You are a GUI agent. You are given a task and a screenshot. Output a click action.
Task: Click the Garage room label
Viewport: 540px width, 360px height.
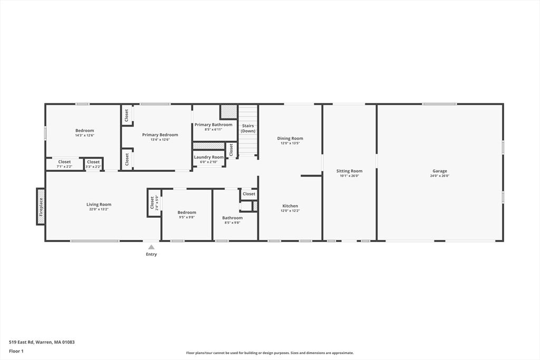click(439, 171)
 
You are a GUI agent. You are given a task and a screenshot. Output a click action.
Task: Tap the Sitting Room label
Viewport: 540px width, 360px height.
click(349, 171)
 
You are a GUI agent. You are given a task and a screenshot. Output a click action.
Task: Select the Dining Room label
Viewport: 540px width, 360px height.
click(290, 139)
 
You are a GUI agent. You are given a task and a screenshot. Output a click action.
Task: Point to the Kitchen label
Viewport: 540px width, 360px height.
click(290, 206)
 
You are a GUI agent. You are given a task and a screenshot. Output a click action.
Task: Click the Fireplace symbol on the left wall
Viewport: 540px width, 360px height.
click(41, 207)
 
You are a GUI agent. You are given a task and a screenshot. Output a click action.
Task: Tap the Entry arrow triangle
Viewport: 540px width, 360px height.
click(151, 247)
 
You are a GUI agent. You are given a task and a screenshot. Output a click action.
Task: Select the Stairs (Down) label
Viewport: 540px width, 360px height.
click(248, 128)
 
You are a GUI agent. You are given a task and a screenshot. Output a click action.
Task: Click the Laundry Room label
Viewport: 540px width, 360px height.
click(209, 157)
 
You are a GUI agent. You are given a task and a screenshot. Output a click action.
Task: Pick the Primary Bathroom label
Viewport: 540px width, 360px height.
click(213, 125)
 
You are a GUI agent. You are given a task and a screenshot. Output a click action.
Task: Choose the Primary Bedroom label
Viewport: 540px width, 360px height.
click(160, 135)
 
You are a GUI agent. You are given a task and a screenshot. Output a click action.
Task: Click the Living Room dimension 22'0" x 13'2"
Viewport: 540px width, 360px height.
click(99, 209)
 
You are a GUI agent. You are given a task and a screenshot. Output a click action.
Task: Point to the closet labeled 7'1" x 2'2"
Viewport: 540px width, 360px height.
click(64, 167)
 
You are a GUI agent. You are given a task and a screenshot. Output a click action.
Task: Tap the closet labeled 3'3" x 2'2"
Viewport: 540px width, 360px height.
click(93, 167)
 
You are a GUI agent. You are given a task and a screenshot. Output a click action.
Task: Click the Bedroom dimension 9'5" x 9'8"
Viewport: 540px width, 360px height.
click(187, 217)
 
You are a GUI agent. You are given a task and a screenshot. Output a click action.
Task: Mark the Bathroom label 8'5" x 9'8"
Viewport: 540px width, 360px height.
click(232, 222)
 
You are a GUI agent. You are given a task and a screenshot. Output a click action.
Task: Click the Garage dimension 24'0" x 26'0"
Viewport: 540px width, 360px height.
click(439, 176)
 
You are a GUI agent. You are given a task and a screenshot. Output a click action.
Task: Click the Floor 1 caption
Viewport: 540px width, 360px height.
click(16, 351)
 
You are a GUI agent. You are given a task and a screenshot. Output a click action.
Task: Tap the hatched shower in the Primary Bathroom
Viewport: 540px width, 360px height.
click(228, 111)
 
